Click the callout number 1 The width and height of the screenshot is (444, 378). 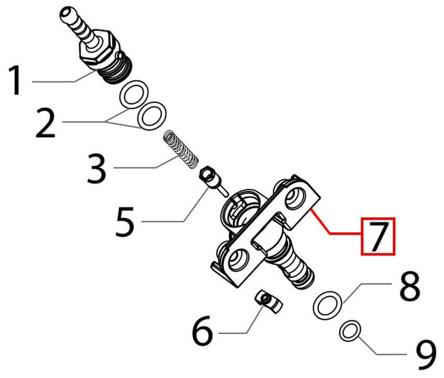coord(15,80)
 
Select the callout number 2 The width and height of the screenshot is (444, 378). coord(45,124)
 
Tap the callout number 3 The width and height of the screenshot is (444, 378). coord(96,168)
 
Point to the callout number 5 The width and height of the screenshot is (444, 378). coord(124,222)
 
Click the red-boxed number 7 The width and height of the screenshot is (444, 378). coord(378,237)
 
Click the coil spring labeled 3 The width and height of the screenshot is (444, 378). coord(181,149)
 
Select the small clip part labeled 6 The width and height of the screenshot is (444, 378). coord(268,302)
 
